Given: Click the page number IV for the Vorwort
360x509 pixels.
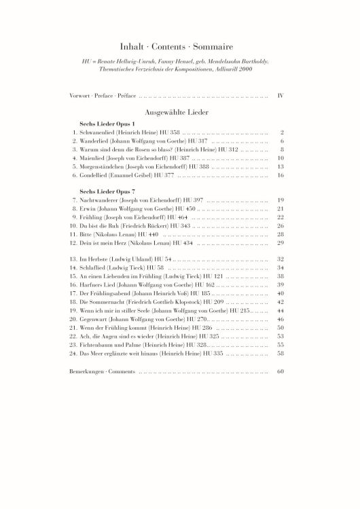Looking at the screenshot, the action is (x=280, y=96).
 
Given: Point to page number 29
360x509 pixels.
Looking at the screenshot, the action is (x=280, y=242).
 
